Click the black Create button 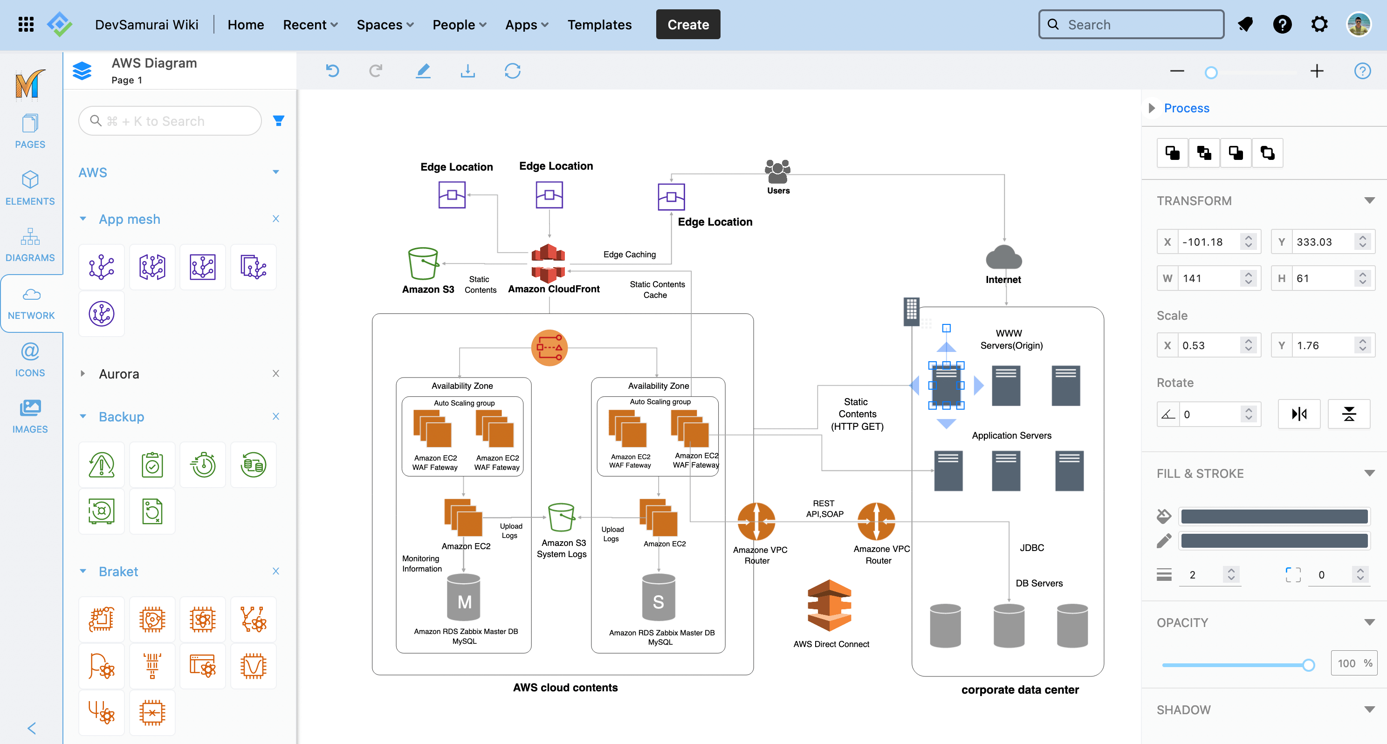tap(687, 25)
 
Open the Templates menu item tap(599, 25)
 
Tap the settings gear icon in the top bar tap(1319, 24)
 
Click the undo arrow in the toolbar tap(333, 70)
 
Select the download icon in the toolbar tap(467, 70)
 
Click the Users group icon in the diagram tap(777, 172)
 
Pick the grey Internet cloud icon tap(1003, 257)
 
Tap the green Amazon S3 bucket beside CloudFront tap(423, 263)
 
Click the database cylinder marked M tap(464, 598)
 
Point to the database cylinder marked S tap(658, 598)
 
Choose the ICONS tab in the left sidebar tap(30, 359)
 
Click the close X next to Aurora tap(276, 373)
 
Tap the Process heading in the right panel tap(1186, 108)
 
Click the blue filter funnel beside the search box tap(278, 121)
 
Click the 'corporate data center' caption tap(1020, 689)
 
